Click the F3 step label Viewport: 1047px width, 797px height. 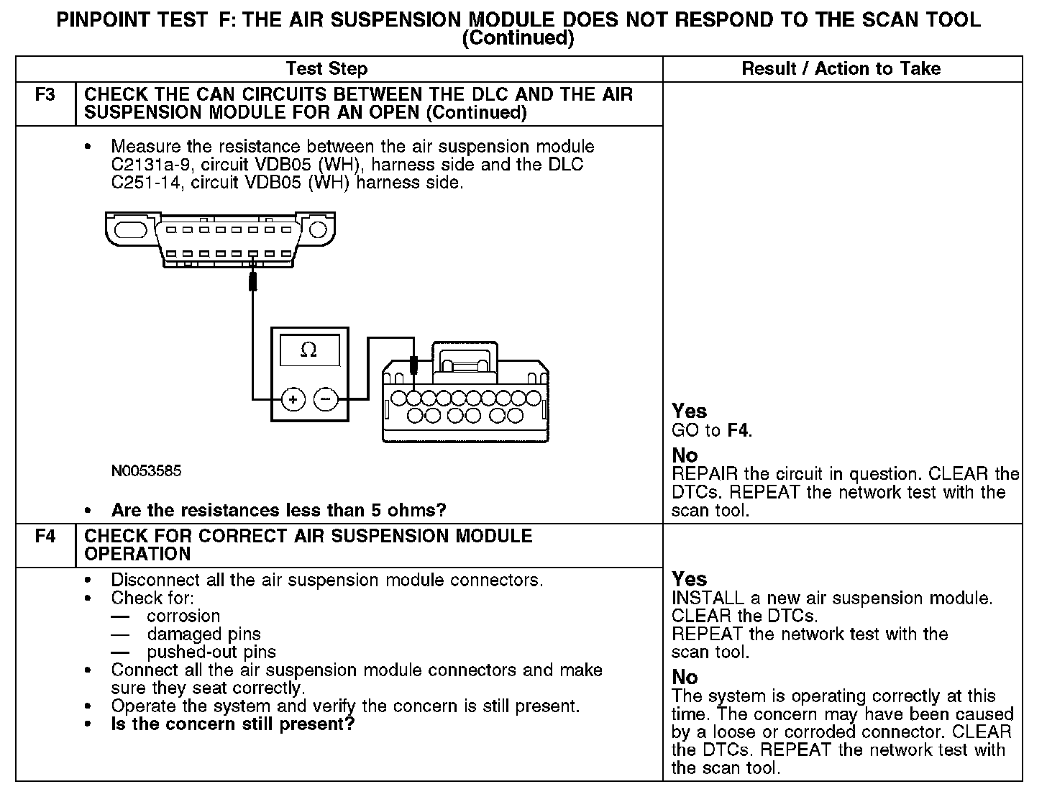[45, 95]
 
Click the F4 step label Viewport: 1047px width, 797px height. [45, 537]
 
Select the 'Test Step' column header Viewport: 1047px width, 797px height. [326, 69]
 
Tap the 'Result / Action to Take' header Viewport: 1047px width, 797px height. [841, 69]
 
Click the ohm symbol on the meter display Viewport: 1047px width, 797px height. [308, 350]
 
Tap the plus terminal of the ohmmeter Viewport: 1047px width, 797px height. [293, 398]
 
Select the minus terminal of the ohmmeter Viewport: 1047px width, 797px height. [326, 398]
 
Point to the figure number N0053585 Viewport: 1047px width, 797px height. [146, 471]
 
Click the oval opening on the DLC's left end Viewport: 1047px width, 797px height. [130, 230]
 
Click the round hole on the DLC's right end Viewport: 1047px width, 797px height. [318, 230]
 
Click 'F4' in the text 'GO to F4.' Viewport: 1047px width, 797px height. [739, 431]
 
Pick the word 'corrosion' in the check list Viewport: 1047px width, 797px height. [183, 616]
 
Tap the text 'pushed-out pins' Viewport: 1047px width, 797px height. [211, 652]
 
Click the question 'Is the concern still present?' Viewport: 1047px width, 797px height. [233, 724]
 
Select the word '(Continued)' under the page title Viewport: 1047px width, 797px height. [518, 38]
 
